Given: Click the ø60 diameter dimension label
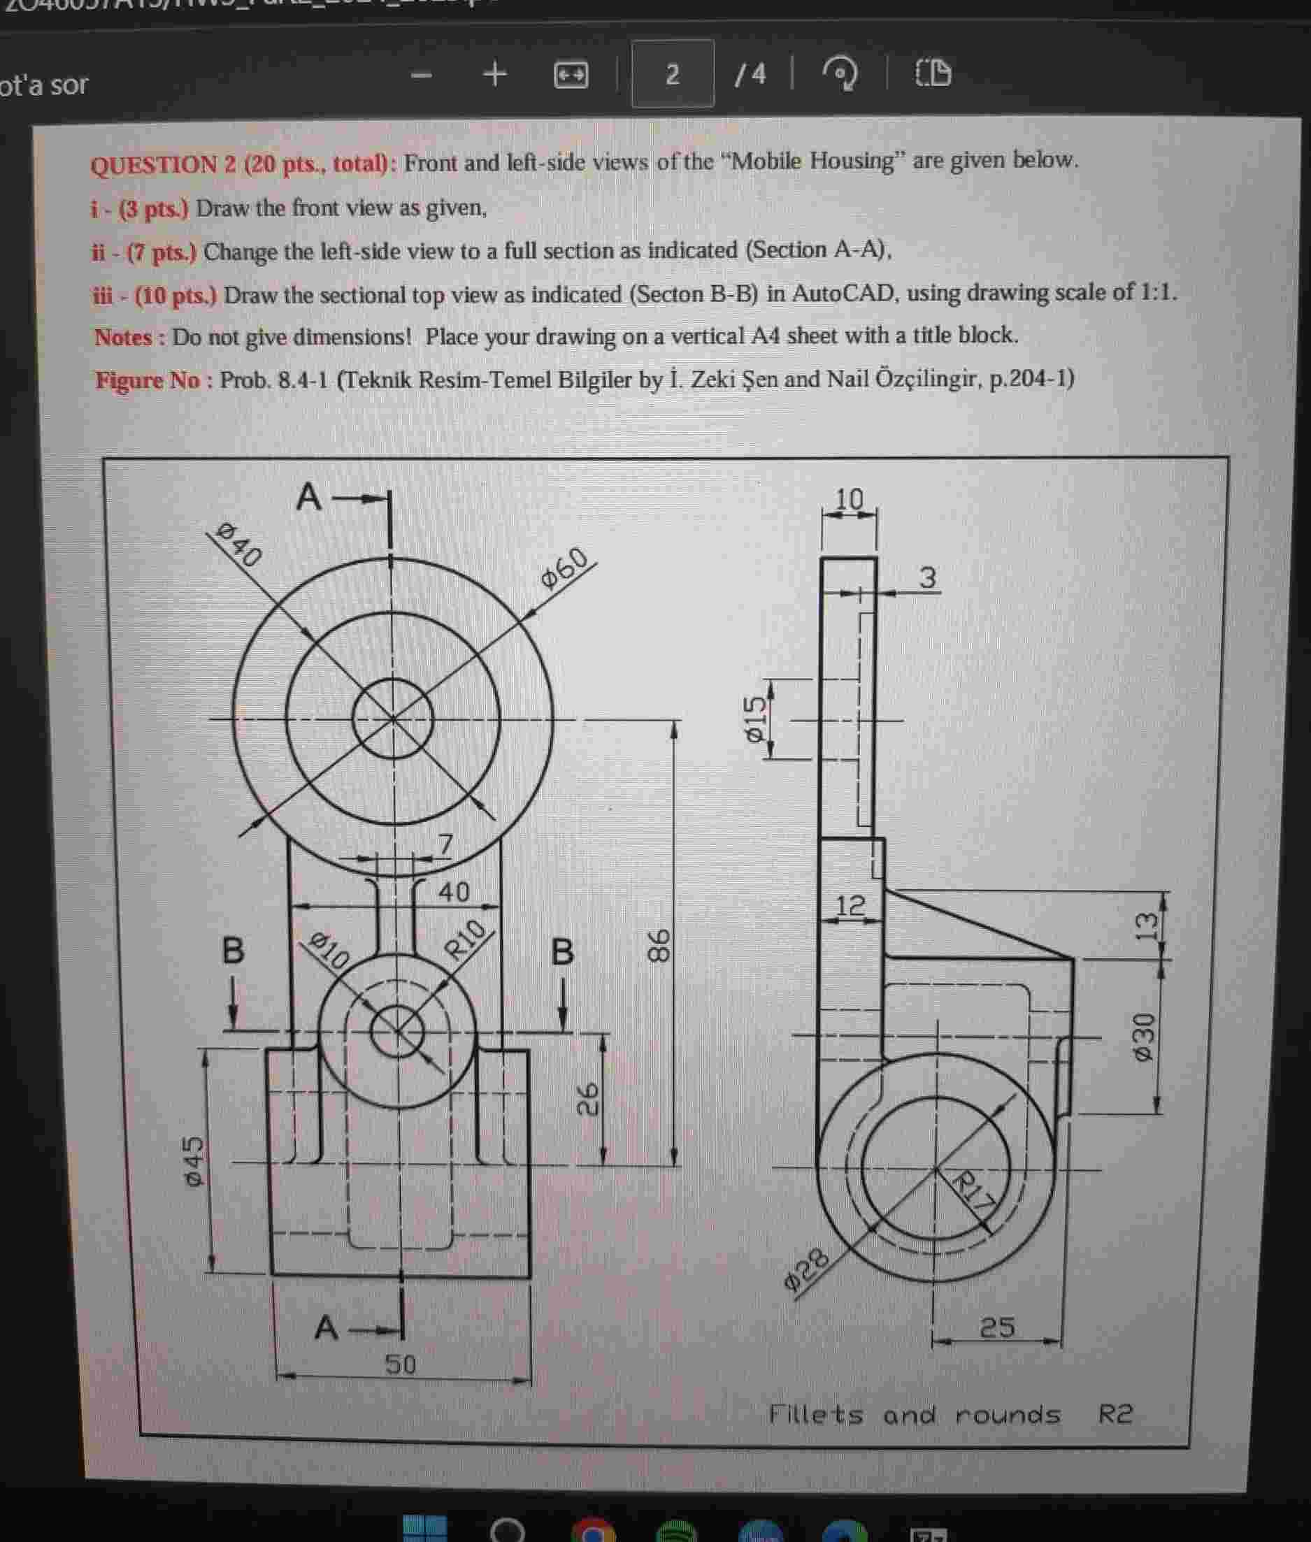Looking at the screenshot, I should pyautogui.click(x=566, y=569).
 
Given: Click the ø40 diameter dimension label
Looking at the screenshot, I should pyautogui.click(x=239, y=545).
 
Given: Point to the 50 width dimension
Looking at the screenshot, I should pyautogui.click(x=401, y=1364).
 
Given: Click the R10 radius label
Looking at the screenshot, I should pyautogui.click(x=465, y=939).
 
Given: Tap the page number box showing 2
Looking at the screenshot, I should pyautogui.click(x=672, y=73).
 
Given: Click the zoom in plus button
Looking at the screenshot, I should pyautogui.click(x=495, y=73).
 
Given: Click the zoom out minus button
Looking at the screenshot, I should pyautogui.click(x=422, y=74).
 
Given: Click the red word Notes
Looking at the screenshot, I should pyautogui.click(x=122, y=338).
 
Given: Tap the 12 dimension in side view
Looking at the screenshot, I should pyautogui.click(x=851, y=905).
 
